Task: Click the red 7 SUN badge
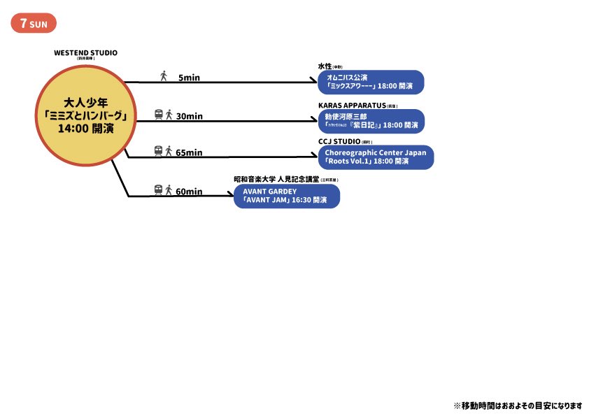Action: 34,23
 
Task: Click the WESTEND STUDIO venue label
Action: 85,52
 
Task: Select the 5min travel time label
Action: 189,78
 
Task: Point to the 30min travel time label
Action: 189,116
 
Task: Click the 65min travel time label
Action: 189,152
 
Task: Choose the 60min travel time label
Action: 189,192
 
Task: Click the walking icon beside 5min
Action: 164,76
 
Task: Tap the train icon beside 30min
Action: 159,115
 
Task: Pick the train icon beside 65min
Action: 159,151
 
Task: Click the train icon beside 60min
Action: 159,189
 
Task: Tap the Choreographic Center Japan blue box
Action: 376,157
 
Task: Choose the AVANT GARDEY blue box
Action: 287,196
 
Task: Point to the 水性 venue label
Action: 325,66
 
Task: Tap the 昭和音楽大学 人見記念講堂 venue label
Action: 277,180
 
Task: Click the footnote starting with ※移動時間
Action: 518,406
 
